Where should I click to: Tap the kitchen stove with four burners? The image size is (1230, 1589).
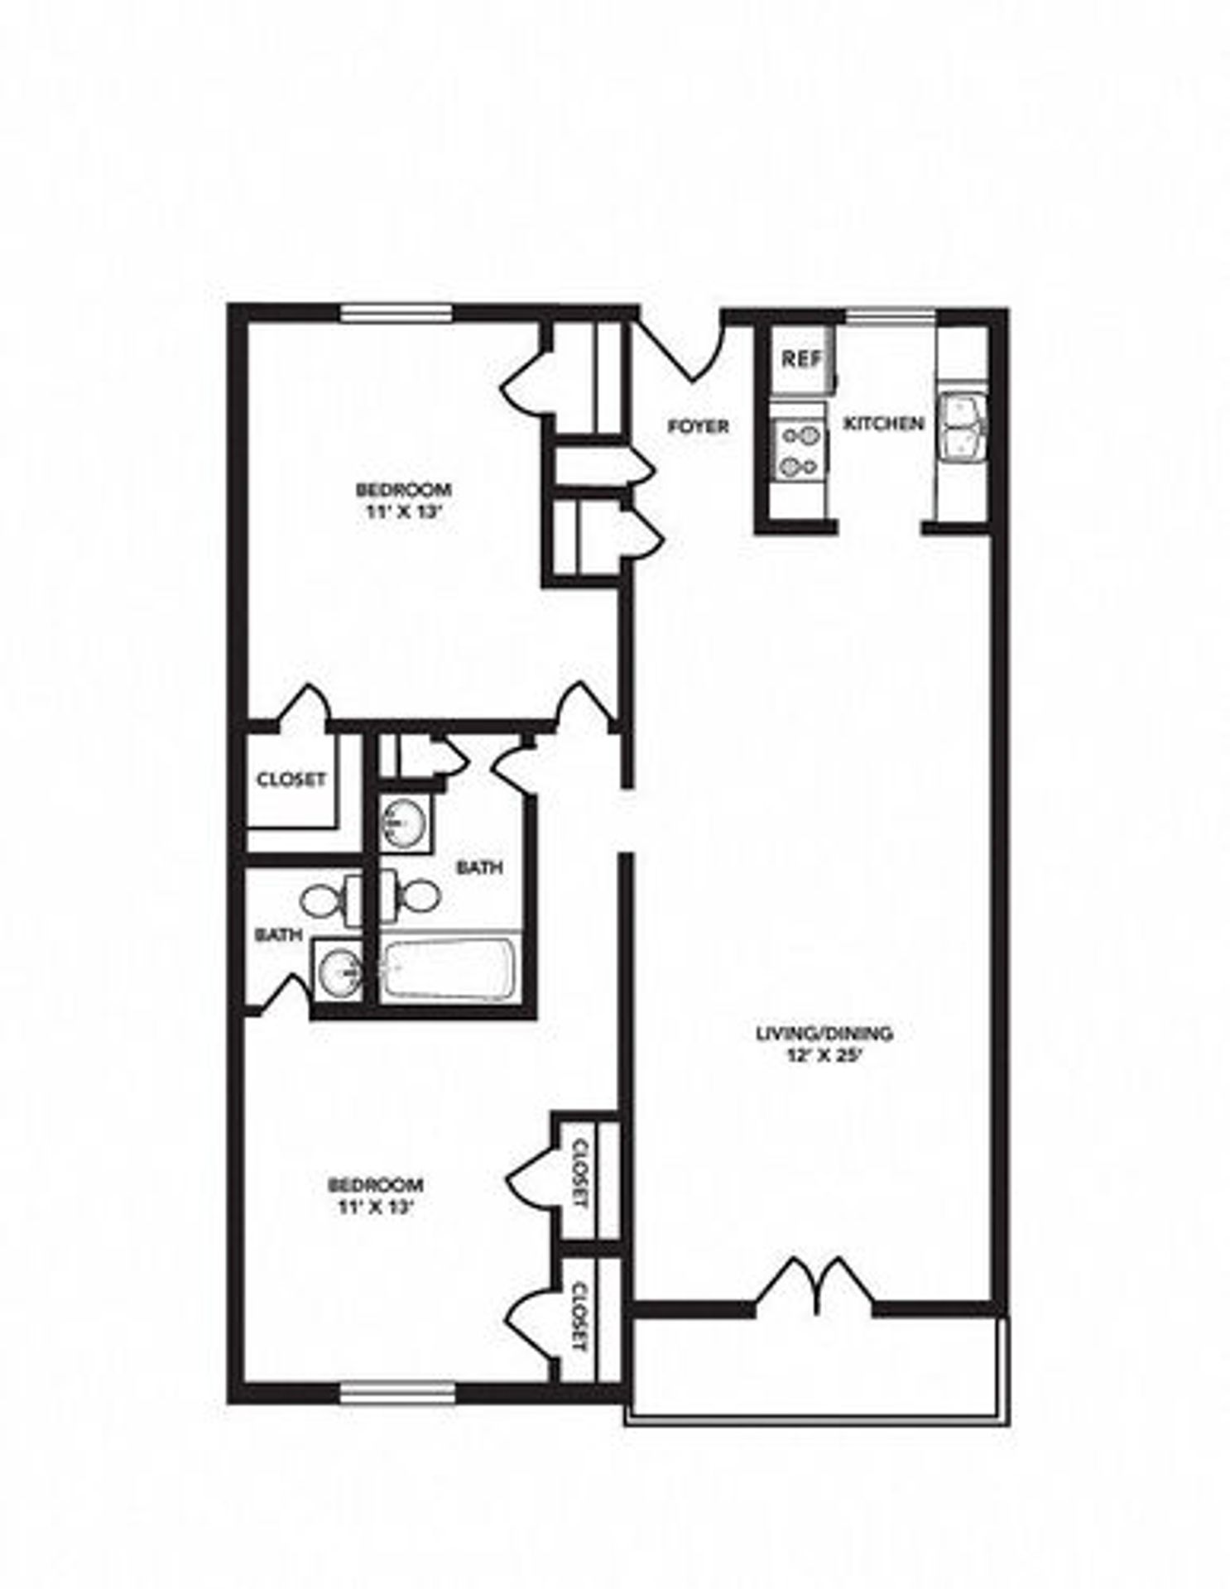pyautogui.click(x=799, y=451)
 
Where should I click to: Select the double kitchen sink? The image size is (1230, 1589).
pyautogui.click(x=962, y=426)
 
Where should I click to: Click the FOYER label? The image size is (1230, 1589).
pyautogui.click(x=699, y=426)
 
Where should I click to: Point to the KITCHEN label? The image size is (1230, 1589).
pyautogui.click(x=883, y=424)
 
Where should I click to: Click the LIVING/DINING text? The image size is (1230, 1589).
pyautogui.click(x=824, y=1033)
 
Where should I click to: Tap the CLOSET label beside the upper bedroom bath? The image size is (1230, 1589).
pyautogui.click(x=291, y=780)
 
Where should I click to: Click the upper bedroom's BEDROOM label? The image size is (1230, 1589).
pyautogui.click(x=403, y=489)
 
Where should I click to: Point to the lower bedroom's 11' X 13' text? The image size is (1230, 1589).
pyautogui.click(x=375, y=1207)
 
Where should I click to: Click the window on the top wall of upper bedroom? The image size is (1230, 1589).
pyautogui.click(x=397, y=313)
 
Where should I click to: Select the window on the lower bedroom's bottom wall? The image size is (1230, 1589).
pyautogui.click(x=398, y=1394)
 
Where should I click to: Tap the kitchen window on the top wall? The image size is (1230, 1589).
pyautogui.click(x=890, y=314)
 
